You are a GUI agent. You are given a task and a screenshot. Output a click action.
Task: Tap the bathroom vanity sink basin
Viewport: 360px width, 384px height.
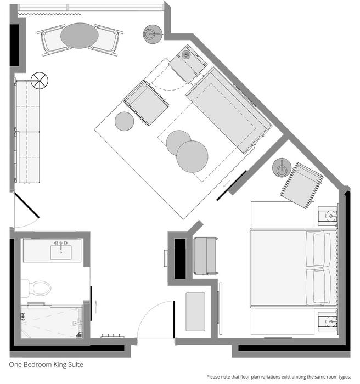61,252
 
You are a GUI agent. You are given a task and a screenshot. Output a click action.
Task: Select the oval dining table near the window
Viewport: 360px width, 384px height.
80,36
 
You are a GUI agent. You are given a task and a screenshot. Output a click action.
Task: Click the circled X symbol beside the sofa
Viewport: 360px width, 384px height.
40,80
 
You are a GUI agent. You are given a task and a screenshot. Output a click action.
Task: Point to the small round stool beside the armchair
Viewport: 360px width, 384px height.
124,121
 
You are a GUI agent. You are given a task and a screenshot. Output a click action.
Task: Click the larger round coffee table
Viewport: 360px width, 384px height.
192,156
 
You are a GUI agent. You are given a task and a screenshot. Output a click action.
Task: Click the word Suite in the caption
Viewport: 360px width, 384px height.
76,365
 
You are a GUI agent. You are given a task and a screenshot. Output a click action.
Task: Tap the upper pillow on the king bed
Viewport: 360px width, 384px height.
318,249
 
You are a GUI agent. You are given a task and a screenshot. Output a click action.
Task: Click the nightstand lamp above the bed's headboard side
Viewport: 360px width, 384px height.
331,216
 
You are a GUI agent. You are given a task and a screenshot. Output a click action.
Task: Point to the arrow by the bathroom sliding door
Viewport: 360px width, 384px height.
96,307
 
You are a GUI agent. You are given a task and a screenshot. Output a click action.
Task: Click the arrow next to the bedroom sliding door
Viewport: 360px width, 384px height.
227,183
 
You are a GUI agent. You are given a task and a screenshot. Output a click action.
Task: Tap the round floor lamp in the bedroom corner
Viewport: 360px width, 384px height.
282,167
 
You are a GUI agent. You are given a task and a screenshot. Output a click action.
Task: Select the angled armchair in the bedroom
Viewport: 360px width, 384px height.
302,185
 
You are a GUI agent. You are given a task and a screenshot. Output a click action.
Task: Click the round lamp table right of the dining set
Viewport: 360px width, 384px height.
153,34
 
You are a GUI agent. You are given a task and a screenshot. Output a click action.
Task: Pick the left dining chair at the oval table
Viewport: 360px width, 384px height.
52,40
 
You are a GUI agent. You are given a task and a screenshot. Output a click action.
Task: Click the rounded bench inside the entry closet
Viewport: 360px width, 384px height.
195,312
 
